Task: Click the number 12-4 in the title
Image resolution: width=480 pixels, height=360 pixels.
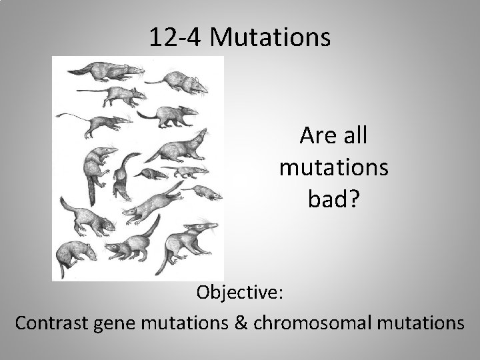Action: point(176,37)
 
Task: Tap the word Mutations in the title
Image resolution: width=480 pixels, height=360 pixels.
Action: point(269,37)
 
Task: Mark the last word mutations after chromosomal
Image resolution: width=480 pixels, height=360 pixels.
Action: point(413,323)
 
